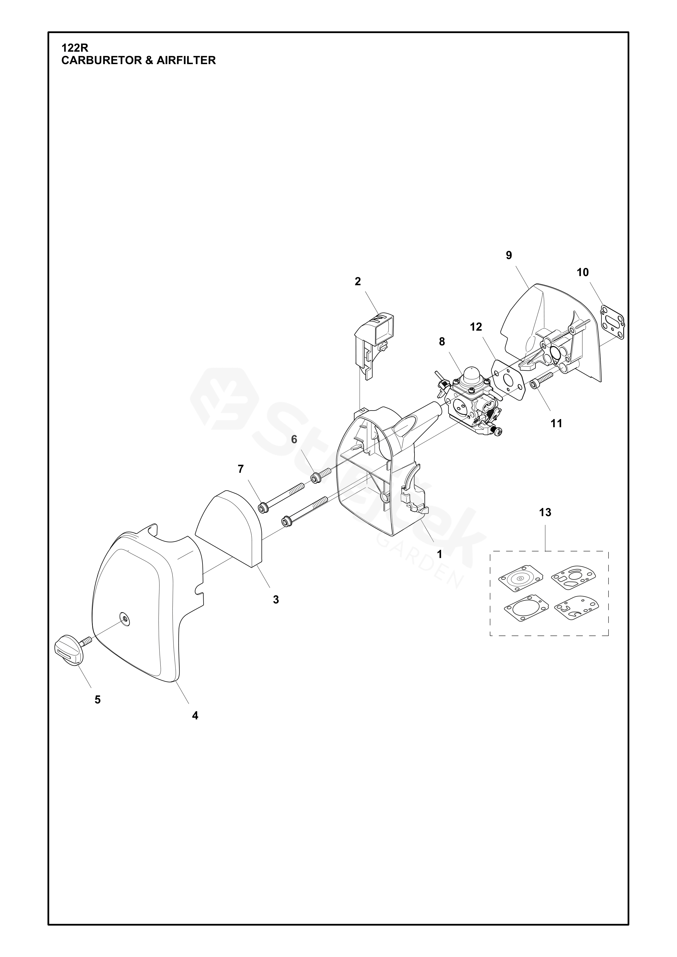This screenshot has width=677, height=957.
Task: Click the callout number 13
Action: click(x=545, y=512)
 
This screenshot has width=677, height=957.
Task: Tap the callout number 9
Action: click(x=509, y=255)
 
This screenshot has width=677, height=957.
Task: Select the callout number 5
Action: click(x=97, y=700)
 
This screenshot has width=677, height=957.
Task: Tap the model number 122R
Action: click(x=72, y=48)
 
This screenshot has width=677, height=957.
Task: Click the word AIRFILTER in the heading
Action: click(x=186, y=61)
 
